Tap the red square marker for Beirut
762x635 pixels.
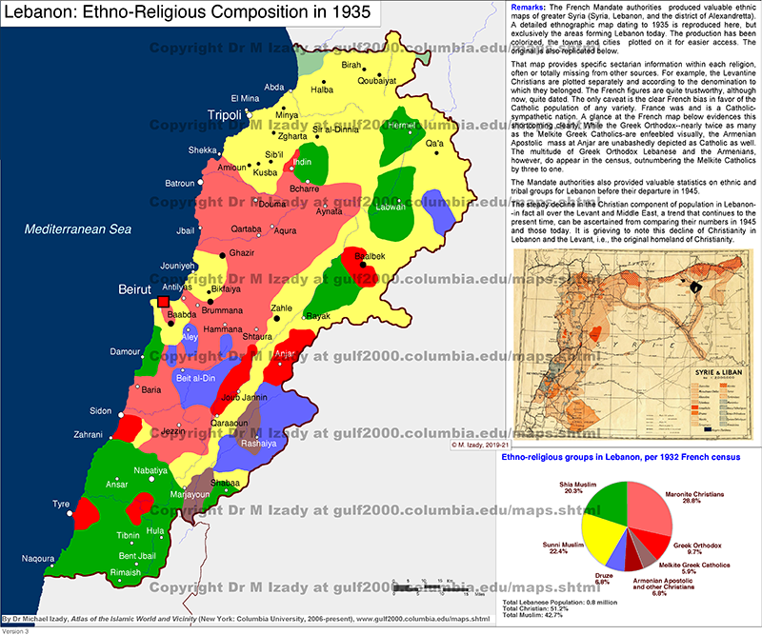point(162,303)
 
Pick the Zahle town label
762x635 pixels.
point(282,308)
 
